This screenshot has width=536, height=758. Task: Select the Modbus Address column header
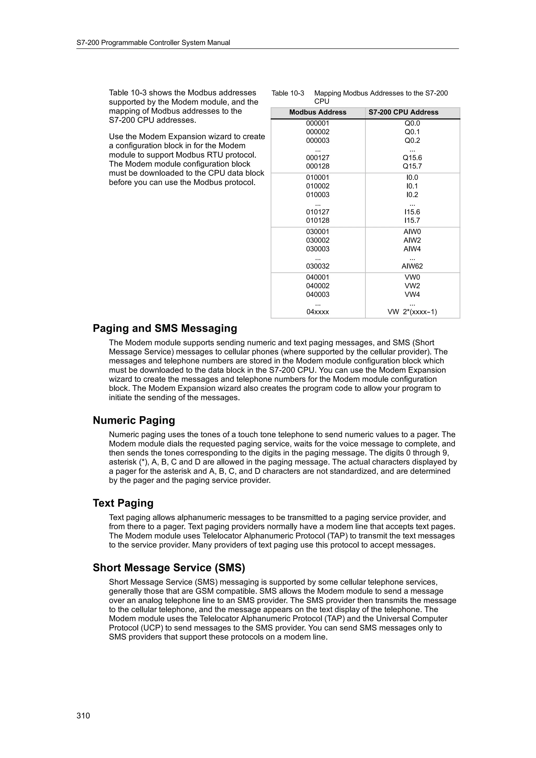(317, 112)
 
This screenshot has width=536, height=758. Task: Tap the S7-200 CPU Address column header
(403, 112)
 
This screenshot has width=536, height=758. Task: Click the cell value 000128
(317, 166)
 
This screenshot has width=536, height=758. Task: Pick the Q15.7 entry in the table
(412, 166)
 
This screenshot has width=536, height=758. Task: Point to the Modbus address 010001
(317, 178)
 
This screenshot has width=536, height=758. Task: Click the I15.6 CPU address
(412, 212)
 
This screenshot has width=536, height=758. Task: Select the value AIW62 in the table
(412, 266)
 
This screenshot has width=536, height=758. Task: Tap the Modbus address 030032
(317, 266)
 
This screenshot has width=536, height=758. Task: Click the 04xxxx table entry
(317, 312)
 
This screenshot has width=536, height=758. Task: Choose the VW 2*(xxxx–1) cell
(412, 312)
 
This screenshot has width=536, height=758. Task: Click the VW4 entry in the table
(412, 295)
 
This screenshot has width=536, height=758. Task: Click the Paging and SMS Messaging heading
(165, 329)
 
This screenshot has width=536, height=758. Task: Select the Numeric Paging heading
(134, 421)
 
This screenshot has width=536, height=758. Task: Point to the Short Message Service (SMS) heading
(169, 568)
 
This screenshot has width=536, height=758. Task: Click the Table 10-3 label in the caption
(288, 93)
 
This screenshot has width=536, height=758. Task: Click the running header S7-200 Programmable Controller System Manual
(153, 43)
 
